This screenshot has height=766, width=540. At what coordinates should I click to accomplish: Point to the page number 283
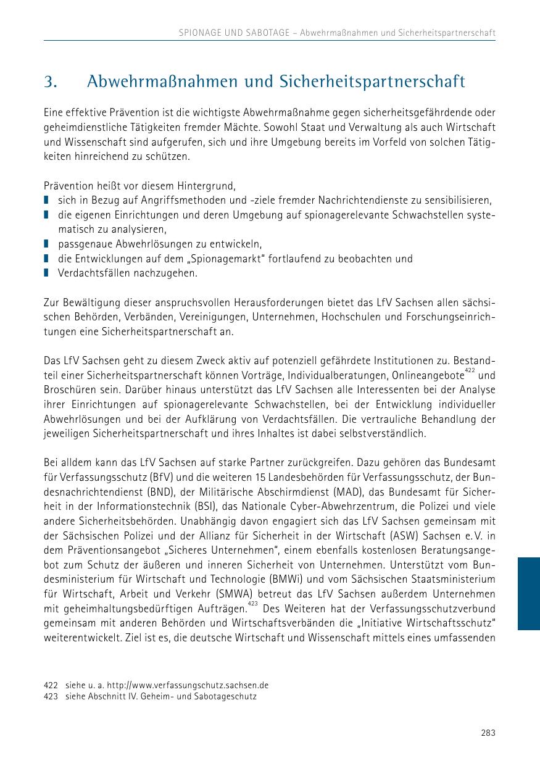488,733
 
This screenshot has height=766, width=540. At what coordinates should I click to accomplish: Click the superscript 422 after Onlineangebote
470,370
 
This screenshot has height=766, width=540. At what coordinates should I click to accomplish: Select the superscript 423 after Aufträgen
252,604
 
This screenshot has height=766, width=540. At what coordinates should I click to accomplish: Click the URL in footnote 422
188,685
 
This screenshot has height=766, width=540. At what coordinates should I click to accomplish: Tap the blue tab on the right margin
528,593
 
